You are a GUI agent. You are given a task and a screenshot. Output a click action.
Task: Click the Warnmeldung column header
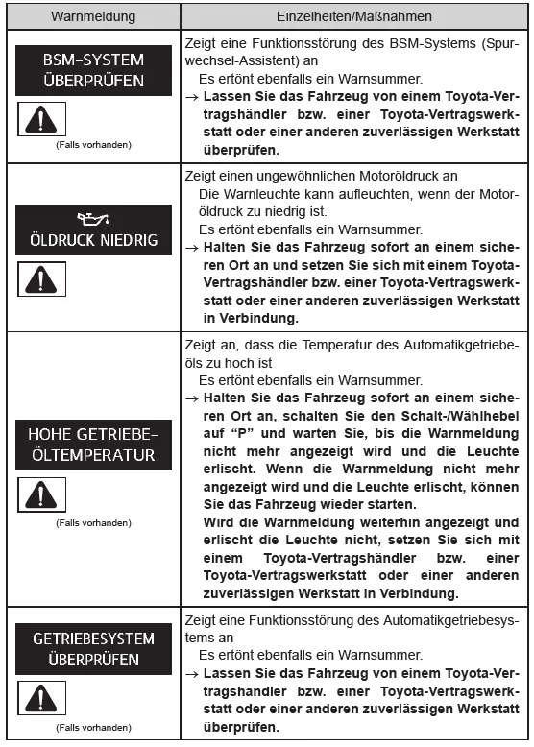[x=92, y=15]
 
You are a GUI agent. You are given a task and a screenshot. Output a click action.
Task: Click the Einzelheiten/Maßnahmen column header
[x=354, y=15]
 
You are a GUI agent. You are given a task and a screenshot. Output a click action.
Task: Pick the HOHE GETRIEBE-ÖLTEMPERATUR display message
[x=92, y=444]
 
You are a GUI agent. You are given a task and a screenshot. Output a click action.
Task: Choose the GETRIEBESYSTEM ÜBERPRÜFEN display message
[x=92, y=649]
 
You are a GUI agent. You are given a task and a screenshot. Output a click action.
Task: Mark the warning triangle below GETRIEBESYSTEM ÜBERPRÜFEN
[x=39, y=701]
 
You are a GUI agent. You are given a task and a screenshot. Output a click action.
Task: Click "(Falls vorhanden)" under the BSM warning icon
[x=92, y=145]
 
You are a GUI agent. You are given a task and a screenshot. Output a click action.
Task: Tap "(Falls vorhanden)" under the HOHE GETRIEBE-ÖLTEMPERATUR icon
[x=92, y=522]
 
